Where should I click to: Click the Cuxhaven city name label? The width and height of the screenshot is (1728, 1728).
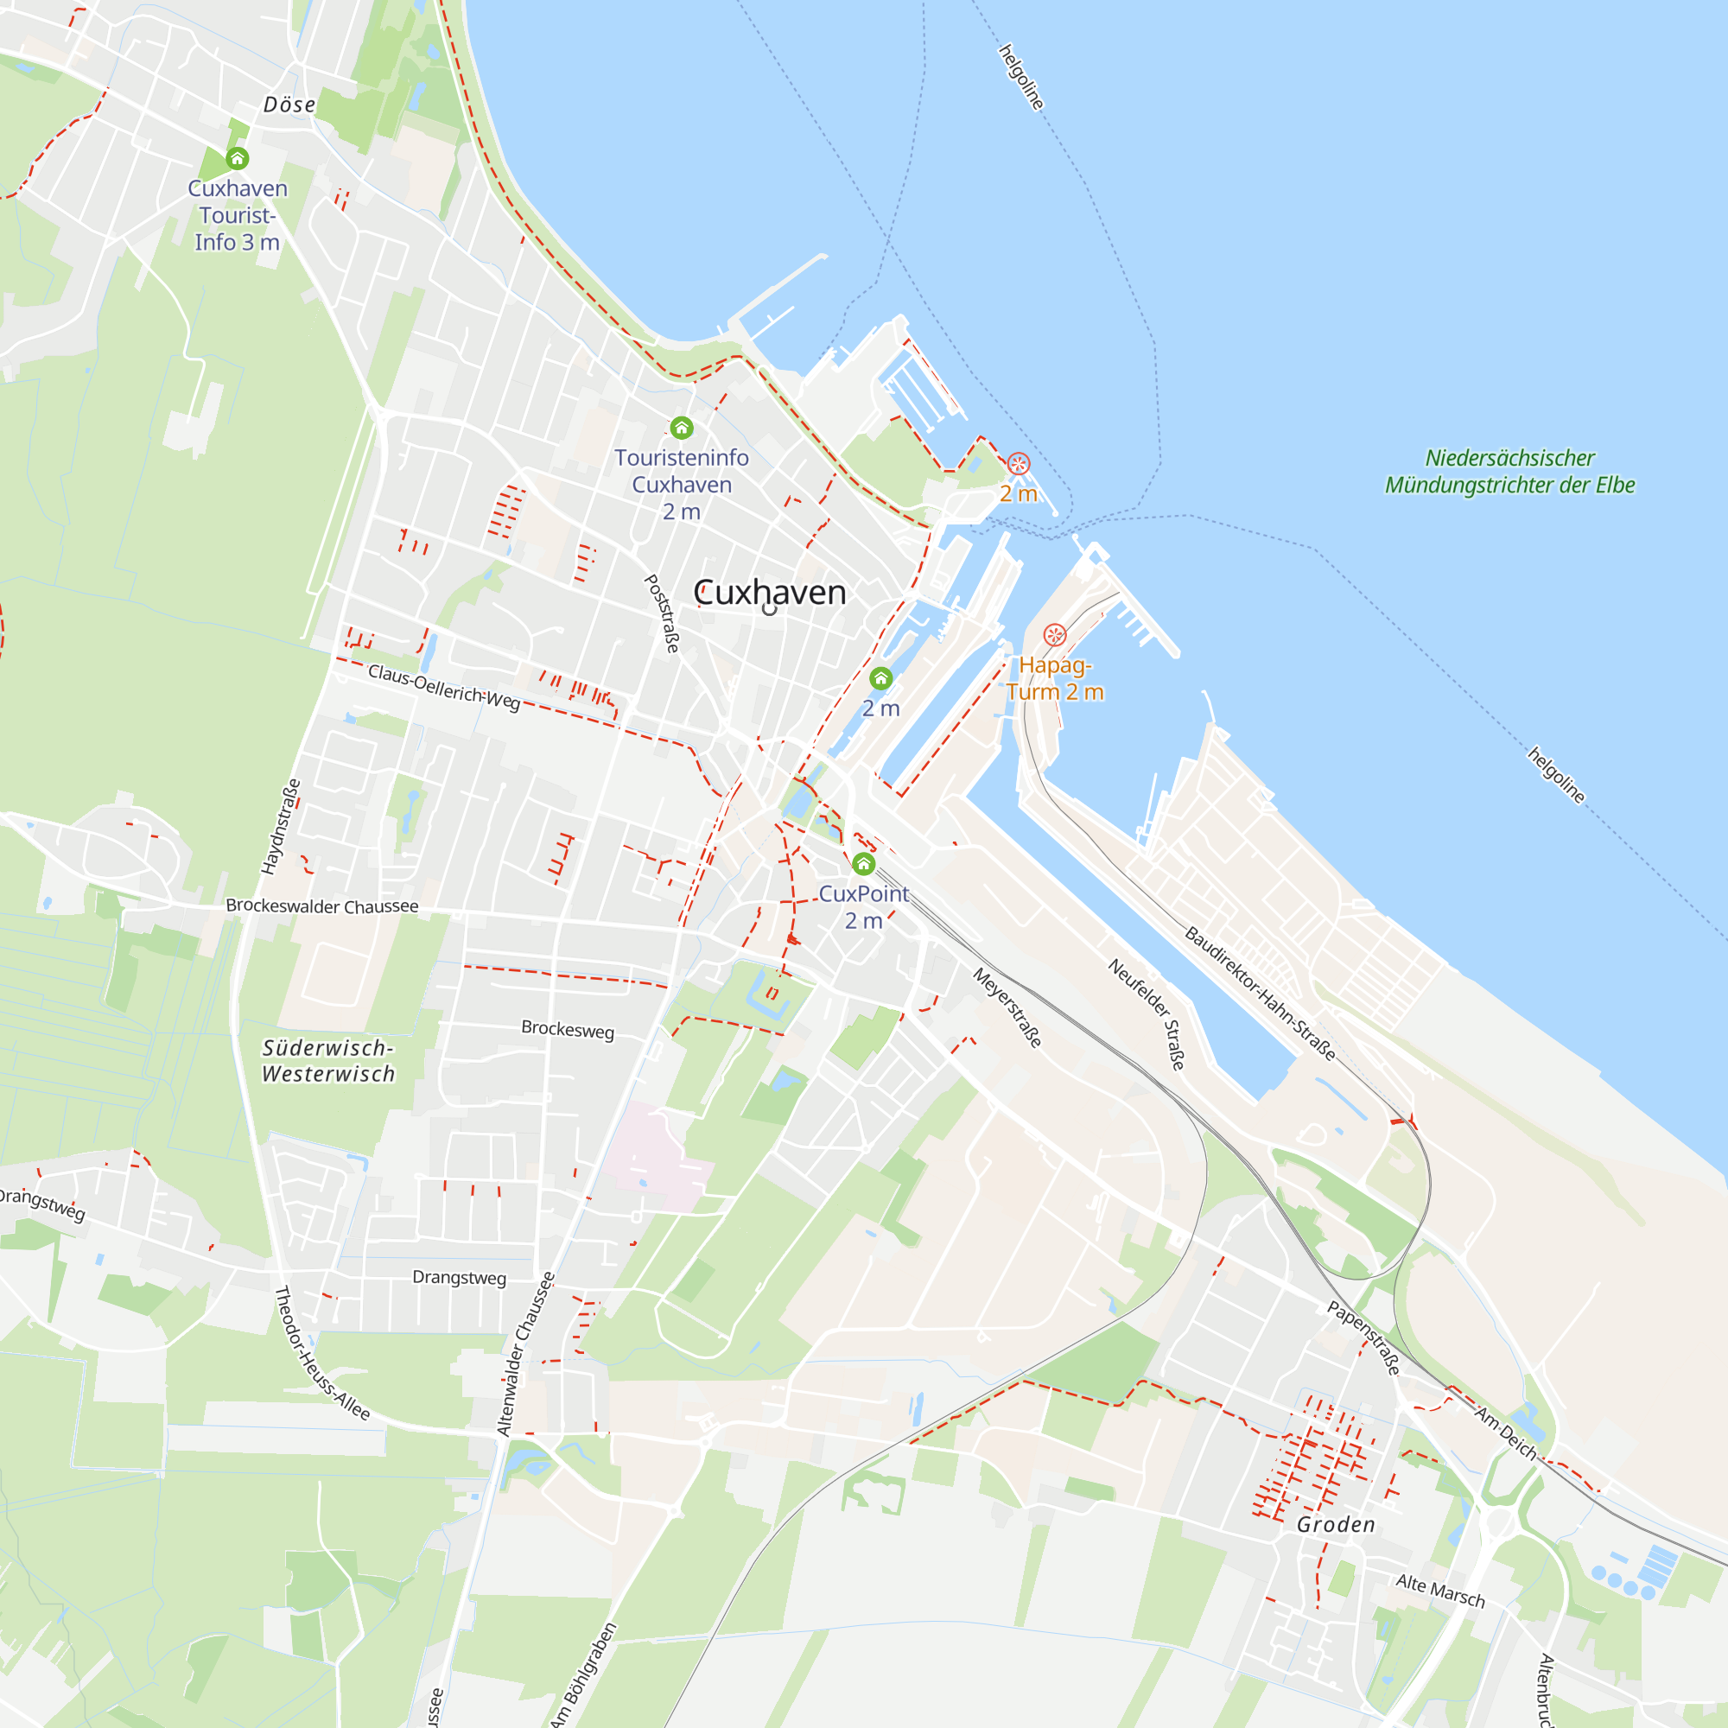tap(769, 593)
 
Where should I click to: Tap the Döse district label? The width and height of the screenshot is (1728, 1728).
tap(289, 105)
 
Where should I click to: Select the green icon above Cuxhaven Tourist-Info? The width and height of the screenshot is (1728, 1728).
tap(237, 159)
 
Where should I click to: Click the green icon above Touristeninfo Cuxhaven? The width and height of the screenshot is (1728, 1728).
tap(682, 428)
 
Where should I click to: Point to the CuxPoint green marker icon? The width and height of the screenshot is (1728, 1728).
tap(863, 864)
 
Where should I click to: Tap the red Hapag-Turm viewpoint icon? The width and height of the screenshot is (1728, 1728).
tap(1054, 635)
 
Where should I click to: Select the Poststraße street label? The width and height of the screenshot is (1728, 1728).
tap(663, 613)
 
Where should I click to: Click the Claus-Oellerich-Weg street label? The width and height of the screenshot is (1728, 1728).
tap(443, 687)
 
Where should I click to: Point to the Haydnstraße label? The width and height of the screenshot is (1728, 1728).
tap(280, 828)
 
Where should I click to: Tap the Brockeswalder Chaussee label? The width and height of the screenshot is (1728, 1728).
tap(322, 906)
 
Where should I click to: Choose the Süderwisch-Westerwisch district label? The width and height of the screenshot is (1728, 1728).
tap(328, 1061)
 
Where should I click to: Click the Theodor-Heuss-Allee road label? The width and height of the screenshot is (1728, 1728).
tap(321, 1353)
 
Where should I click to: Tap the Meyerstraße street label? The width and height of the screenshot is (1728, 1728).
tap(1007, 1007)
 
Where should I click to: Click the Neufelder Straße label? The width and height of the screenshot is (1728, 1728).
tap(1147, 1013)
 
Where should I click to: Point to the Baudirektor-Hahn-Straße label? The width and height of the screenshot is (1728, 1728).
tap(1261, 994)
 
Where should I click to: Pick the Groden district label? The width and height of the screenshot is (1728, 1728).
tap(1336, 1525)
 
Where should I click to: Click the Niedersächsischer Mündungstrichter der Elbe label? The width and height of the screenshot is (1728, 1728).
tap(1509, 472)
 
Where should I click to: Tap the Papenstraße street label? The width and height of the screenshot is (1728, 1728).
tap(1363, 1338)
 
